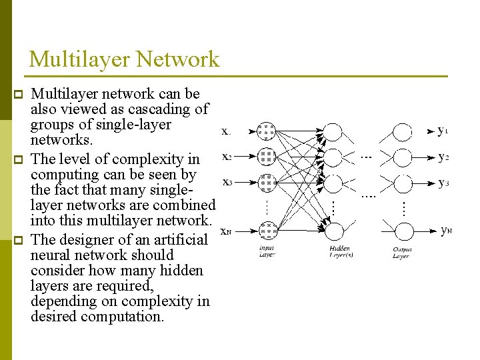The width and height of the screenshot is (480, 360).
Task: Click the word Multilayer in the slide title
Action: coord(81,59)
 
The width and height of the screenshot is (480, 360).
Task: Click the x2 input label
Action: coord(227,157)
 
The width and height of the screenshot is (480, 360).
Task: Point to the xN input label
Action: coord(227,231)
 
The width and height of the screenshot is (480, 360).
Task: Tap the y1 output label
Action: coord(443,131)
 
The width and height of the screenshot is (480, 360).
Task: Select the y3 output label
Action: coord(443,182)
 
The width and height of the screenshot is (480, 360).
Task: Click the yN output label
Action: coord(446,231)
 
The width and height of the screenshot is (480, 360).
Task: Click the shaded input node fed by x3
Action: coord(267,182)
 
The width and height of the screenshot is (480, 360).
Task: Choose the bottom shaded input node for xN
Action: coord(267,231)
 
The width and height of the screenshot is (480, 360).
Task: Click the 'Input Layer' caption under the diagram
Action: coord(267,252)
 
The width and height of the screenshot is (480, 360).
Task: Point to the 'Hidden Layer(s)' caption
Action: coord(341,252)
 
